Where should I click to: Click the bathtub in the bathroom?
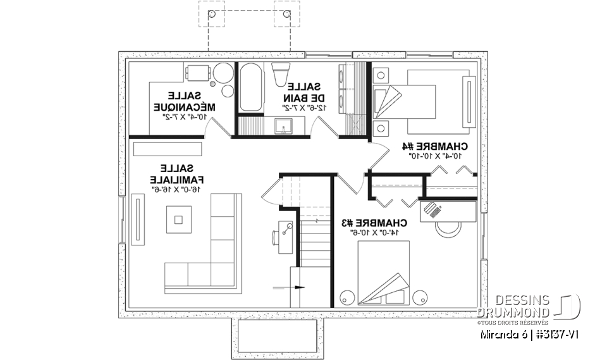(248, 89)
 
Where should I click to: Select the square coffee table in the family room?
(178, 220)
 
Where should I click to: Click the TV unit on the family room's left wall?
(137, 218)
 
